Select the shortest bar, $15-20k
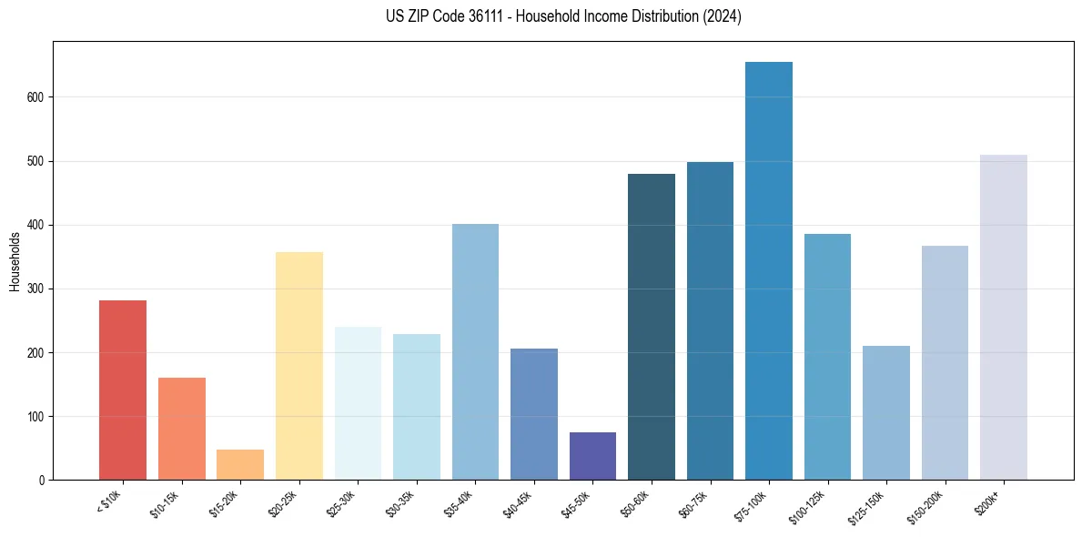point(240,464)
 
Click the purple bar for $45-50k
point(592,456)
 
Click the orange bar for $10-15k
point(181,429)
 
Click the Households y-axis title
point(15,260)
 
